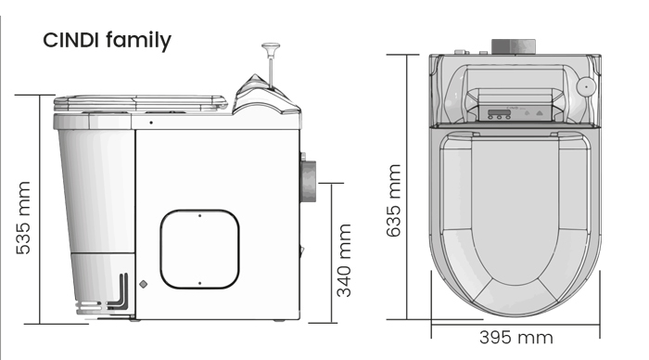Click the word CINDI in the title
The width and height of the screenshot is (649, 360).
pyautogui.click(x=70, y=40)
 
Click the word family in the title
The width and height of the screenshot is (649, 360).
pyautogui.click(x=138, y=41)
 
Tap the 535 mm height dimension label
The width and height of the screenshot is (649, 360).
pyautogui.click(x=23, y=217)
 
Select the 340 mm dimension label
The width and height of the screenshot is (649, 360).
pyautogui.click(x=344, y=260)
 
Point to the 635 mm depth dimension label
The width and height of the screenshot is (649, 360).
pyautogui.click(x=394, y=200)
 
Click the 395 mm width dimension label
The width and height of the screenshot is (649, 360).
pyautogui.click(x=516, y=338)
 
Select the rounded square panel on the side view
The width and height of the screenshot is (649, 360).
pyautogui.click(x=200, y=249)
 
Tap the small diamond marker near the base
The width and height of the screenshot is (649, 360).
pyautogui.click(x=144, y=284)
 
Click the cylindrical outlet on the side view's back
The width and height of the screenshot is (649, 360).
pyautogui.click(x=308, y=182)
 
